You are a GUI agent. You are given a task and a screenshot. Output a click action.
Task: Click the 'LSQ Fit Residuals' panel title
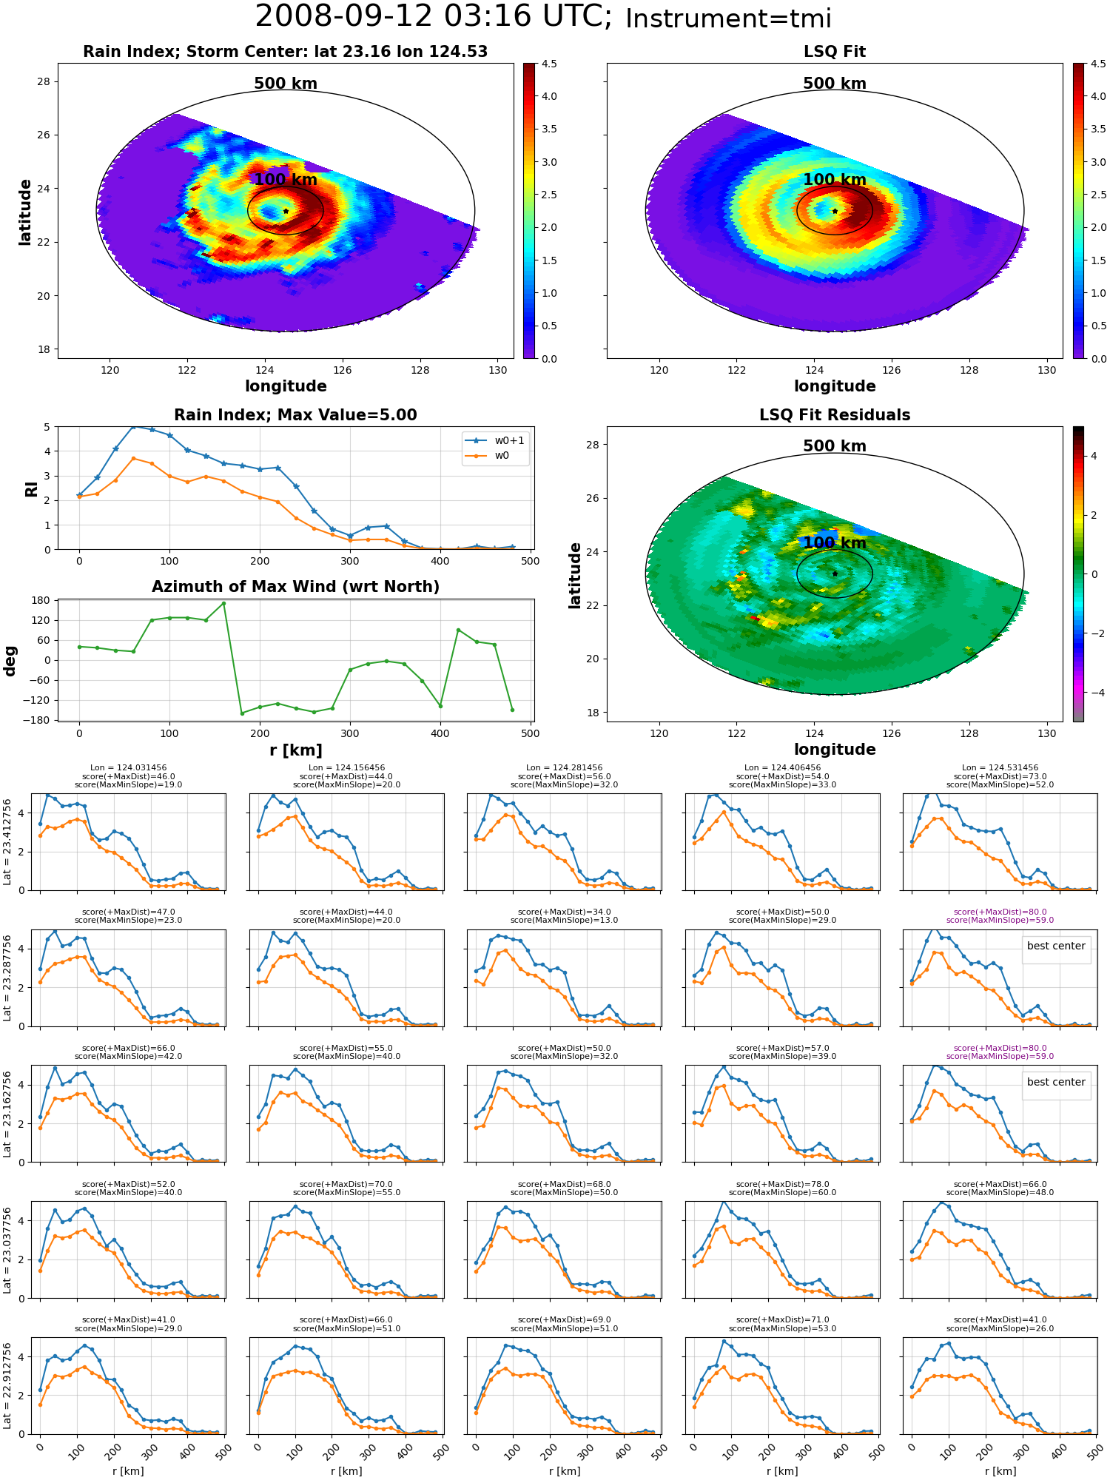(835, 415)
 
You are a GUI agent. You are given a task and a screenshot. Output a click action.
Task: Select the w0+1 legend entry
(497, 440)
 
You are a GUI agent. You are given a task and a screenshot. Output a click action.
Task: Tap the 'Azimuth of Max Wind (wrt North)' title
(295, 587)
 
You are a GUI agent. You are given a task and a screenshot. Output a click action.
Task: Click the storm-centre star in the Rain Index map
(286, 211)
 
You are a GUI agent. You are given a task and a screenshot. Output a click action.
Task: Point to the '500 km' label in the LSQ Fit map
(835, 84)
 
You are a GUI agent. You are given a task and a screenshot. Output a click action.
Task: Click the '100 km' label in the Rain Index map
(286, 180)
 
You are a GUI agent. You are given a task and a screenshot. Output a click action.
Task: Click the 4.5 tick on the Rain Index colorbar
(549, 64)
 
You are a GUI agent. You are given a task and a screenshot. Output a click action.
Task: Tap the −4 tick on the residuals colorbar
(1094, 693)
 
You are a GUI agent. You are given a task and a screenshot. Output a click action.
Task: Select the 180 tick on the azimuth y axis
(41, 600)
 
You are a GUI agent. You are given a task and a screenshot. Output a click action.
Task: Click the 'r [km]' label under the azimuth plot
(295, 750)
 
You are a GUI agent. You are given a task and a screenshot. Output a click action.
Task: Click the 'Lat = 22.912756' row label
(7, 1385)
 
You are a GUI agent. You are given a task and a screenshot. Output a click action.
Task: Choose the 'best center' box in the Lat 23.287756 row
(1056, 946)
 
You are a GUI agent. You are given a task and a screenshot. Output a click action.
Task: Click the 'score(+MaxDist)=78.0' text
(782, 1184)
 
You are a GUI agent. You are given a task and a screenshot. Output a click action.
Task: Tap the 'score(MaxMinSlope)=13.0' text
(565, 921)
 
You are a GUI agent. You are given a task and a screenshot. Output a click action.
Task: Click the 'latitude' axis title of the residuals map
(575, 575)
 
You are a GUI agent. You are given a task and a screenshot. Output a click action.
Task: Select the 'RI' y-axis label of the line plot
(32, 488)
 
